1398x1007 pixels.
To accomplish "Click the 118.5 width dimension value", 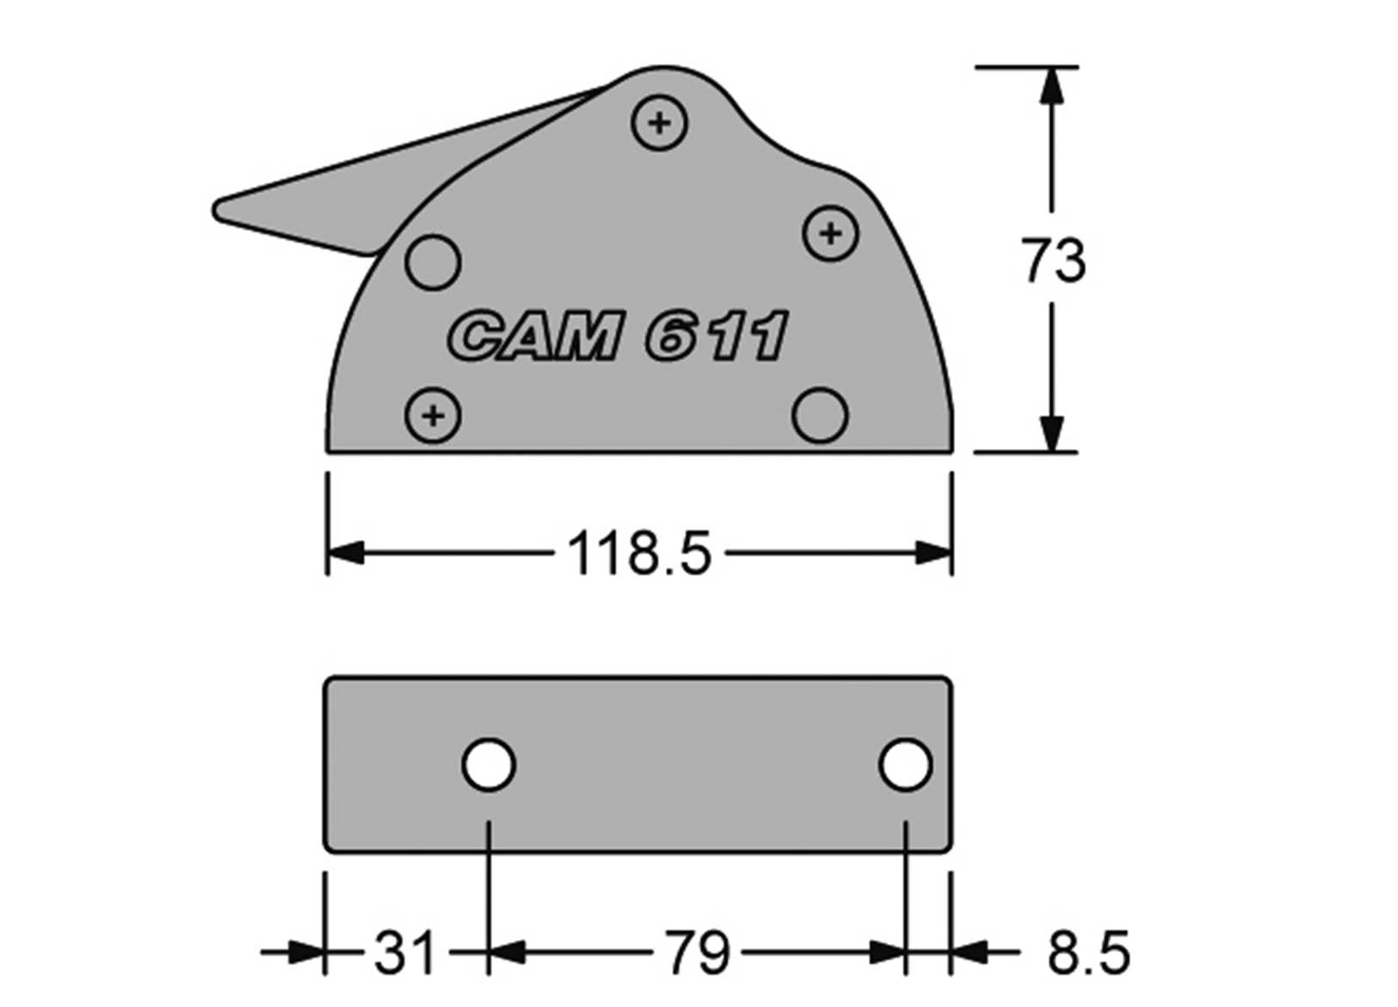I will (x=639, y=553).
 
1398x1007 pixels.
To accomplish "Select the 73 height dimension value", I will (x=1053, y=261).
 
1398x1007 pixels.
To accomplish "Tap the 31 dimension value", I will (x=403, y=953).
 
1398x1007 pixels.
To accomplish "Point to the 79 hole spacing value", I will (x=696, y=953).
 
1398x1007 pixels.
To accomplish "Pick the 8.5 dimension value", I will (x=1087, y=953).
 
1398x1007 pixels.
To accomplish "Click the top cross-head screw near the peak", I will (x=659, y=123).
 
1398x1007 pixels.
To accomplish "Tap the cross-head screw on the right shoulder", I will (x=830, y=233).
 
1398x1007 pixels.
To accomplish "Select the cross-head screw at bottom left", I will (x=434, y=416).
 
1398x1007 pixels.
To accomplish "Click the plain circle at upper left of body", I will (x=433, y=262).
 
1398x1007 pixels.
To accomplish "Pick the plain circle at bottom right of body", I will (x=819, y=415).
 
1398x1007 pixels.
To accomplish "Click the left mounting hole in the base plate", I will (x=489, y=764).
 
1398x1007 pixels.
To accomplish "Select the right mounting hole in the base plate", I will (x=905, y=764).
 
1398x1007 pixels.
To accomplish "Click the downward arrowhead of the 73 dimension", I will (x=1052, y=434).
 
